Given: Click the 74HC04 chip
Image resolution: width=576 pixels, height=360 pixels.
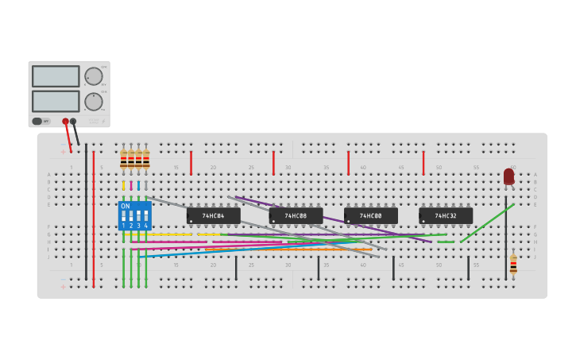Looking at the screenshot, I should click(x=213, y=215).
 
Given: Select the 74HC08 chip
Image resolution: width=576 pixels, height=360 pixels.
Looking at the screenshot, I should click(x=296, y=215).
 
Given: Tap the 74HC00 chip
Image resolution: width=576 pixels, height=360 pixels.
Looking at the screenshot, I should click(x=370, y=215).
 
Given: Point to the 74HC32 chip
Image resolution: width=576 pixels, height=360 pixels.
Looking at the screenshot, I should click(x=445, y=215).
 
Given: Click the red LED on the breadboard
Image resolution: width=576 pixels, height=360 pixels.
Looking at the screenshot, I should click(x=508, y=176).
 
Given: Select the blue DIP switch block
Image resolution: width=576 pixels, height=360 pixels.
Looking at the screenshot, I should click(x=134, y=216).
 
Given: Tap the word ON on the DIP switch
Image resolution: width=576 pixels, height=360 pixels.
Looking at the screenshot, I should click(x=126, y=206).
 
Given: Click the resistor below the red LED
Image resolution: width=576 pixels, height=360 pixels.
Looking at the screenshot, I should click(x=513, y=265).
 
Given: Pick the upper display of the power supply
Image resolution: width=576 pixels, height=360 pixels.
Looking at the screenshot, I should click(x=56, y=76).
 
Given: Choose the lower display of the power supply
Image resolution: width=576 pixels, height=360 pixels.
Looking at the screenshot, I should click(x=56, y=101).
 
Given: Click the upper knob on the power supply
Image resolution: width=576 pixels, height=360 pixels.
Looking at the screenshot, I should click(x=93, y=76).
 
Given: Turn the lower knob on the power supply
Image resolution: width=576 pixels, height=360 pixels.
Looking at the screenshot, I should click(x=93, y=102).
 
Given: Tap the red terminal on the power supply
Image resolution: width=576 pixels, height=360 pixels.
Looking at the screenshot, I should click(x=65, y=122).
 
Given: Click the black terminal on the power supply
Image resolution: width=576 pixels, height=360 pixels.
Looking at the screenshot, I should click(x=73, y=122).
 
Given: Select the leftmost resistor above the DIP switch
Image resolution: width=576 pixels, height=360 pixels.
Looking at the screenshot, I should click(x=123, y=158).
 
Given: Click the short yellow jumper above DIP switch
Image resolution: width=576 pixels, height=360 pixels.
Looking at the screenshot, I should click(x=123, y=185).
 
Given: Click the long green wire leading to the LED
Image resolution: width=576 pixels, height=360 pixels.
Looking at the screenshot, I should click(x=486, y=223).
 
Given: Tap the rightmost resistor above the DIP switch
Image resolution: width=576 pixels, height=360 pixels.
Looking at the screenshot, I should click(x=146, y=158).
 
